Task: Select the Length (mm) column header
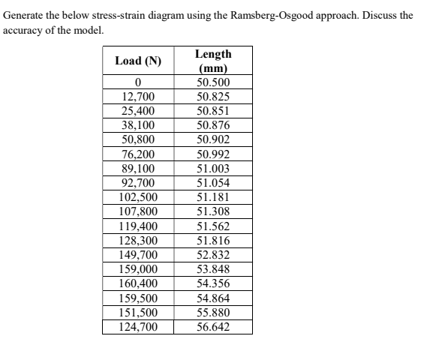[x=213, y=61]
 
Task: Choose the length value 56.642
[x=213, y=327]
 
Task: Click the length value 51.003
[x=213, y=169]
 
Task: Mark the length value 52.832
[x=213, y=255]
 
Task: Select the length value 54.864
[x=213, y=298]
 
